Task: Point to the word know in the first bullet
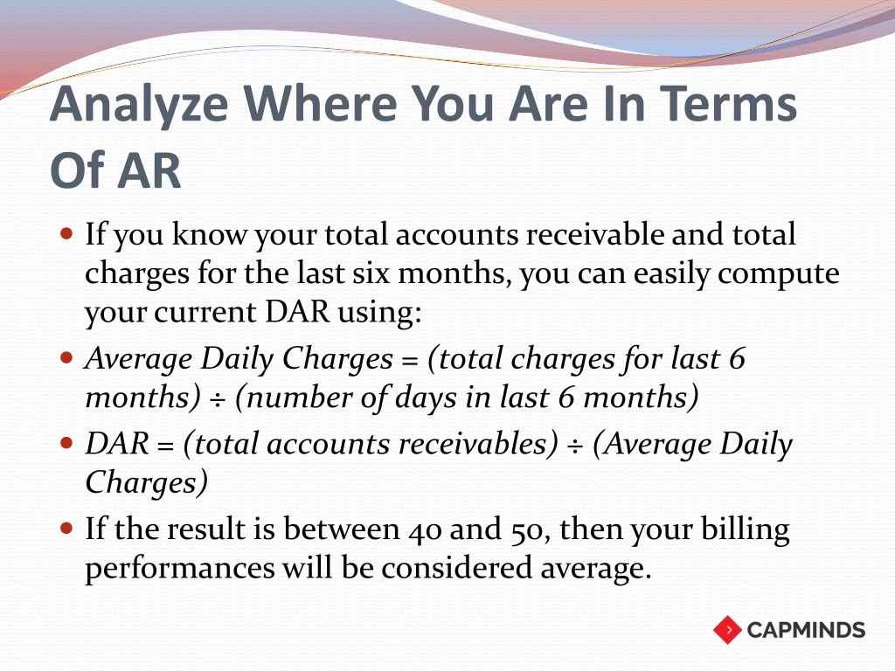click(x=210, y=234)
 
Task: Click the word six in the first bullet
click(x=371, y=273)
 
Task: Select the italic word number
click(x=297, y=398)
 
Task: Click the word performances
click(x=180, y=569)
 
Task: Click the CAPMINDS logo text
click(x=806, y=630)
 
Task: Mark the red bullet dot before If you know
click(x=66, y=233)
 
